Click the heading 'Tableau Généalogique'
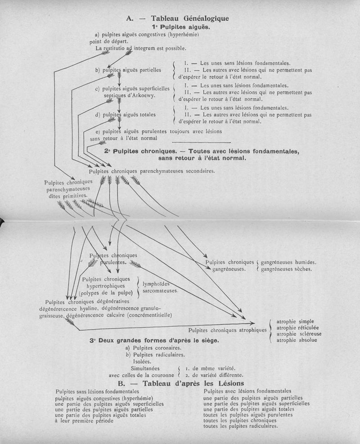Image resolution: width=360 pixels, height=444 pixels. coord(190,18)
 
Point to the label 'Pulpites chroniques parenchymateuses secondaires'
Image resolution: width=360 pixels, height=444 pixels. coord(152,171)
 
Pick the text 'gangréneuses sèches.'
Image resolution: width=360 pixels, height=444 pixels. coord(286,269)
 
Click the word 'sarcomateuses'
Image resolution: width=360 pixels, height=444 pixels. coord(160,291)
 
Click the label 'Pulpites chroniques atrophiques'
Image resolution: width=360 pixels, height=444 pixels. coord(228,330)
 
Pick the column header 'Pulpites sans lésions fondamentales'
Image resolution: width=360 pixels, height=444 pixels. coord(97,391)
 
